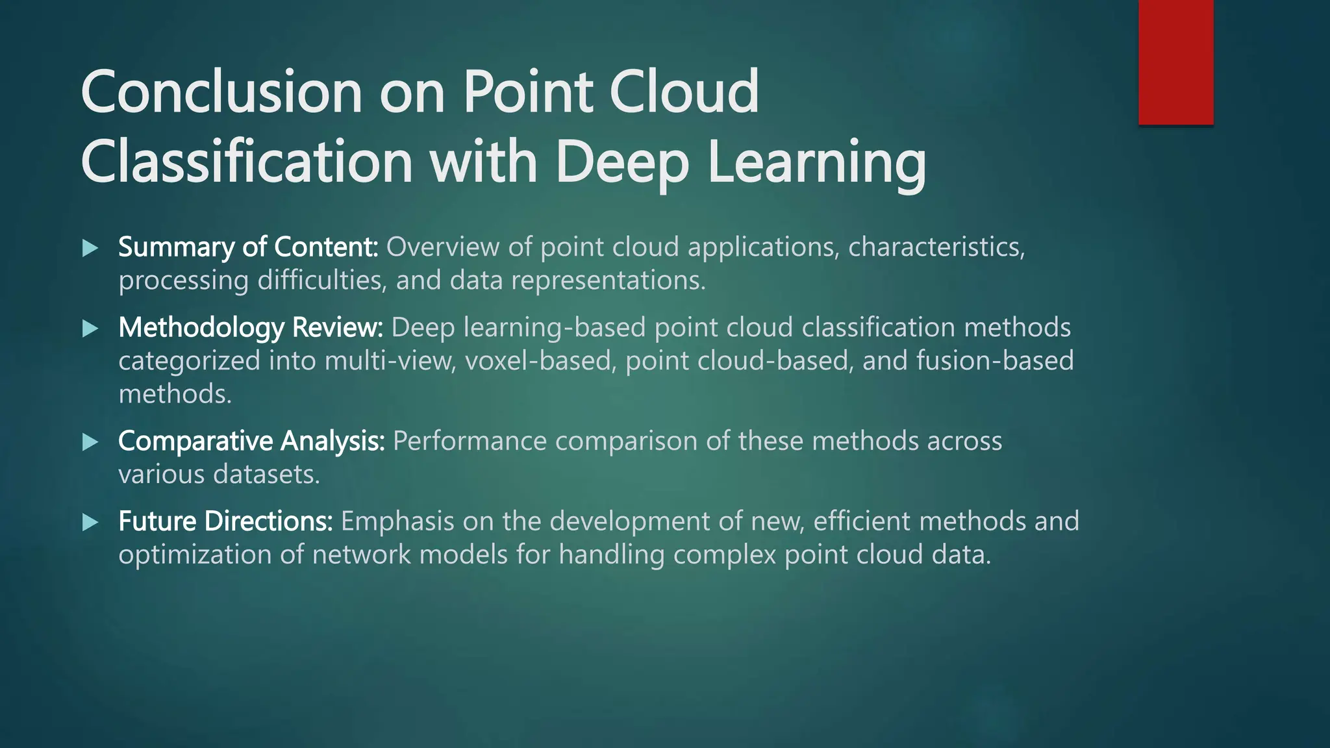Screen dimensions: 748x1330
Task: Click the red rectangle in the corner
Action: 1175,62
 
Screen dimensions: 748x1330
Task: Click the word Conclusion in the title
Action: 221,92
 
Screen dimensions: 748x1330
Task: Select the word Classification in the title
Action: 247,162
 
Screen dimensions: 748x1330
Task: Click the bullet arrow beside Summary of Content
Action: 91,248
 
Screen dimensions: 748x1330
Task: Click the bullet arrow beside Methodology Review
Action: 91,329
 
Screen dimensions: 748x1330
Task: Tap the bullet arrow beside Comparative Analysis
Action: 91,442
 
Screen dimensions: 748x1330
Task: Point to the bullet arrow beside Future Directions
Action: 91,523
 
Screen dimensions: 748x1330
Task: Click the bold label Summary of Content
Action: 248,247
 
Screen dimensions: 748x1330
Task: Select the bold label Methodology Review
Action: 251,328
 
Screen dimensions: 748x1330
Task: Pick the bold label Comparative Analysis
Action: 251,442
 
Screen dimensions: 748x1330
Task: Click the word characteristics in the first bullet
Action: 936,247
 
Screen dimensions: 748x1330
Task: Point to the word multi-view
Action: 389,361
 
